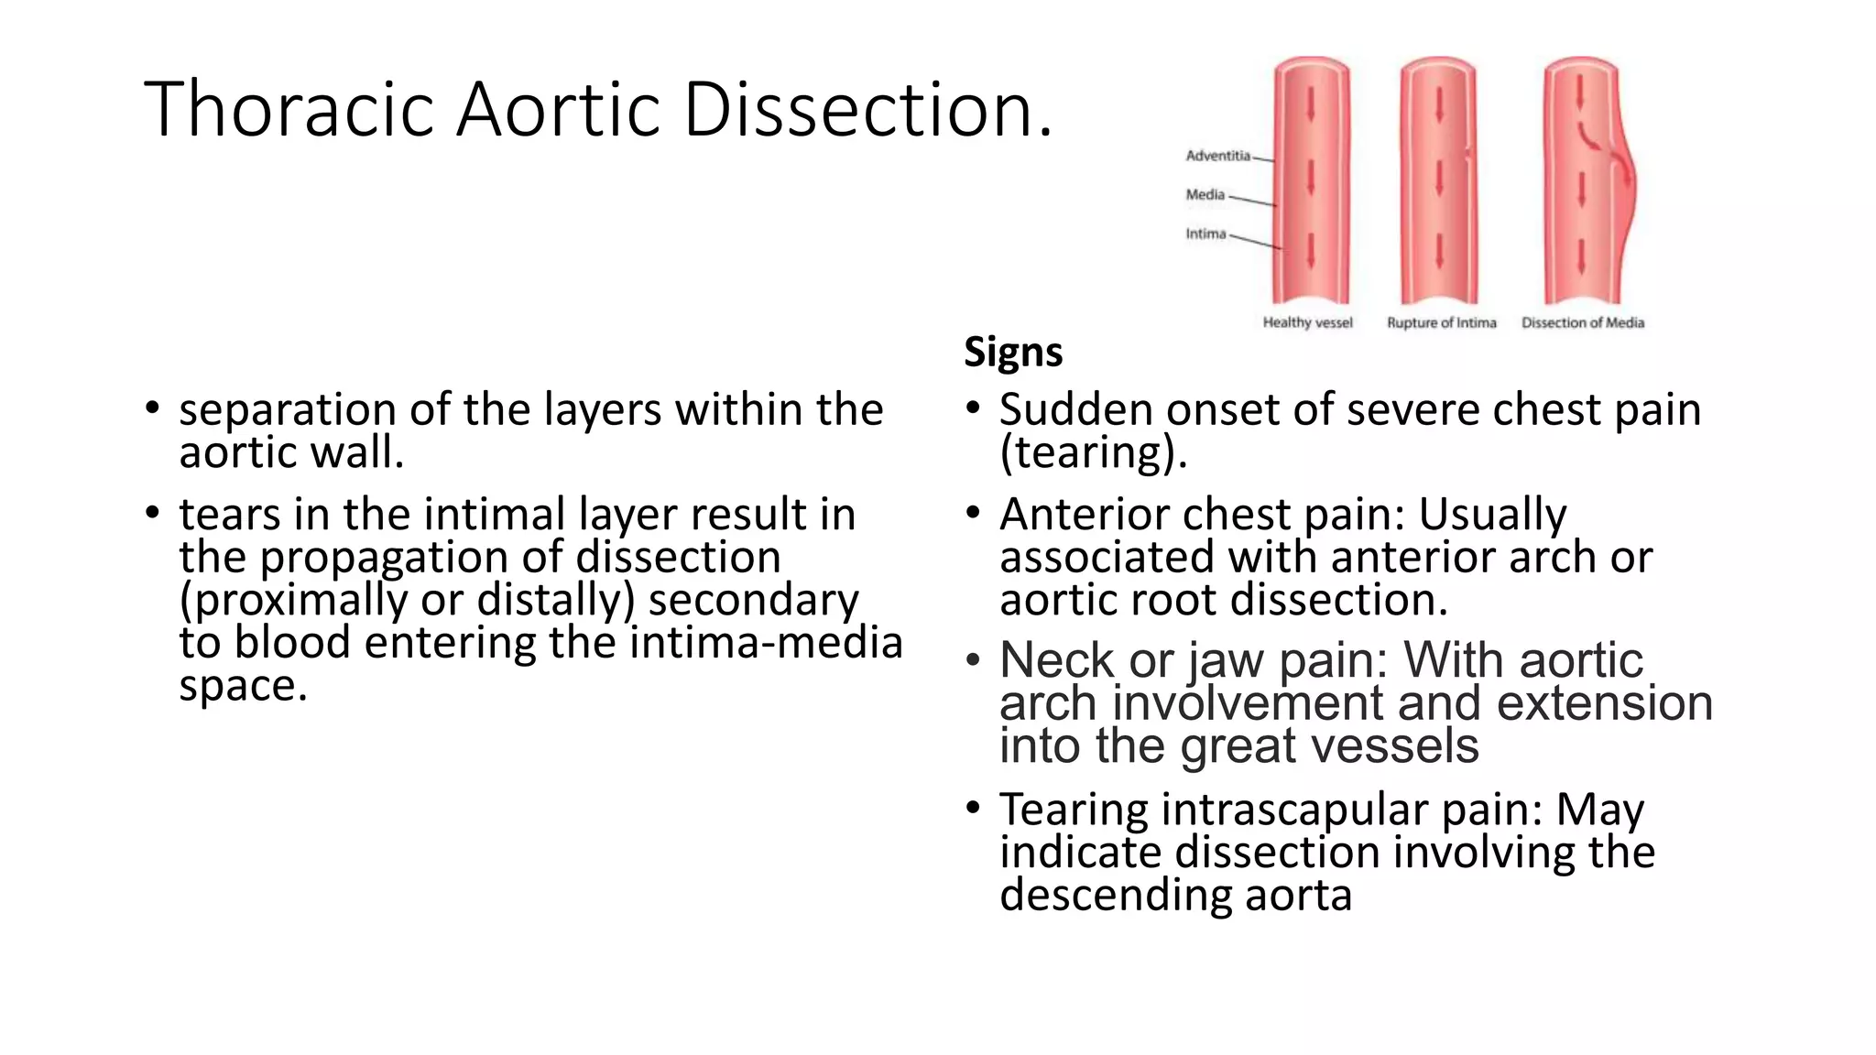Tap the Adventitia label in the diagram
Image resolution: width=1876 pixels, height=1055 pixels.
click(x=1217, y=156)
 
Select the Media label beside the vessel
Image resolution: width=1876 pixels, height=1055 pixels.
click(x=1205, y=194)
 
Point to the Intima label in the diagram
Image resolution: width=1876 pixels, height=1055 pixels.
click(x=1205, y=234)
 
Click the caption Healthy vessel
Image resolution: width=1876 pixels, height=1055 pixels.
click(x=1307, y=322)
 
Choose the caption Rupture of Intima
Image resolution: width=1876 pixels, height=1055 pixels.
click(x=1441, y=322)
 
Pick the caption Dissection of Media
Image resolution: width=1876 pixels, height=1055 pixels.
click(x=1582, y=322)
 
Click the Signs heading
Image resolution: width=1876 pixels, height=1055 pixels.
click(x=1013, y=352)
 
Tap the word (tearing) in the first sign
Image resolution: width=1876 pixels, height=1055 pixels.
click(x=1093, y=452)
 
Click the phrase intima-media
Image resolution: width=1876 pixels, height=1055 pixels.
click(x=766, y=643)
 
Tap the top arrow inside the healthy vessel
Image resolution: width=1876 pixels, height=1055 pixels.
click(x=1311, y=103)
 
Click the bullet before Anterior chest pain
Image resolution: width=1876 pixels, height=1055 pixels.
click(x=974, y=513)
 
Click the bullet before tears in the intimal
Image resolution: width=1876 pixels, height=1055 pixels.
click(x=153, y=513)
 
